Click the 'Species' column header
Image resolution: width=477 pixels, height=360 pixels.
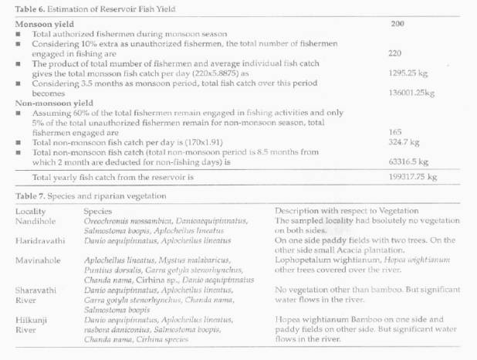coord(96,209)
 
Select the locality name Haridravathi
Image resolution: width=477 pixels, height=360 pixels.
coord(39,240)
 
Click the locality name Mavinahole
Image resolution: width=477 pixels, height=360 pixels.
coord(38,262)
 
